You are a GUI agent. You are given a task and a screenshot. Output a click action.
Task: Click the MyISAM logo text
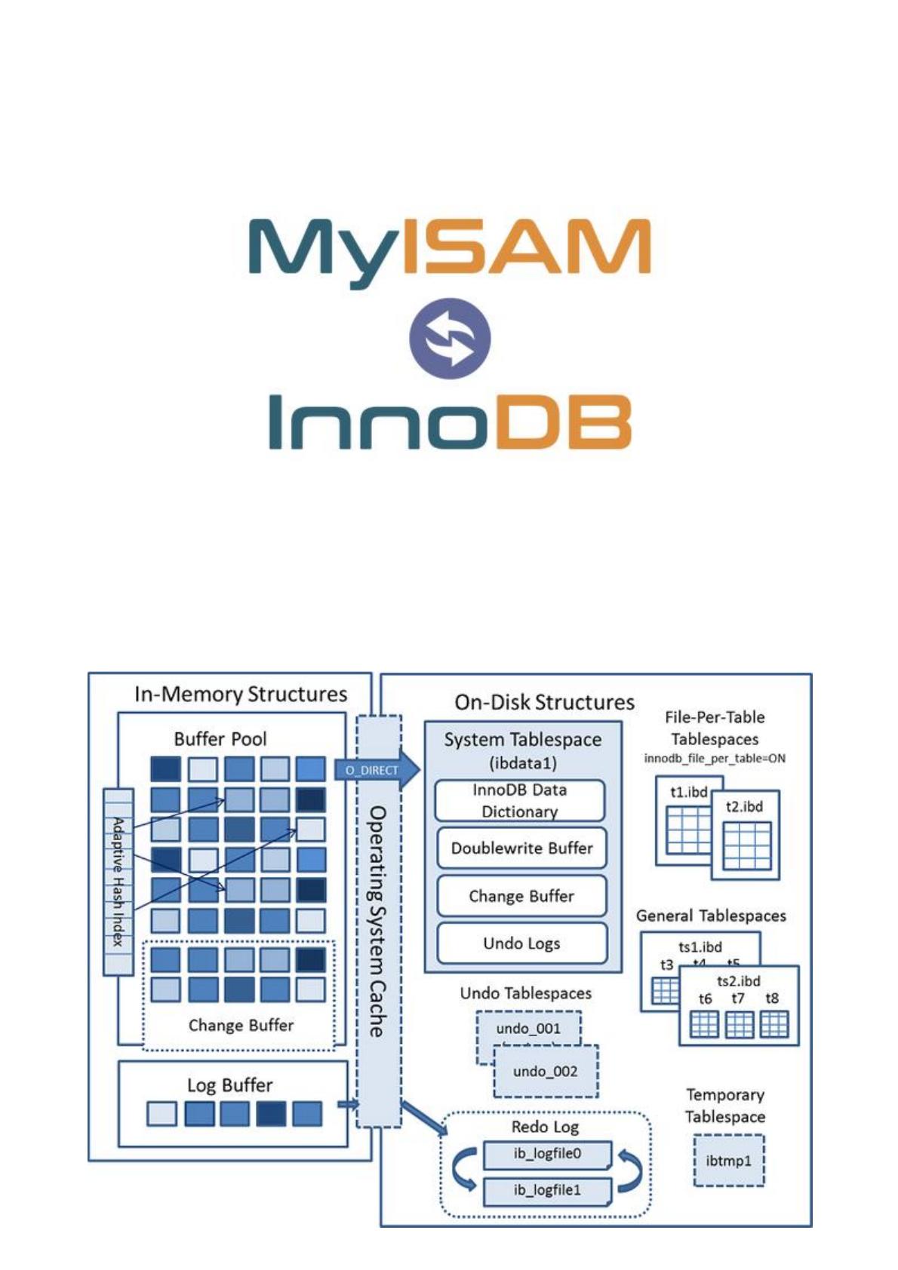[448, 247]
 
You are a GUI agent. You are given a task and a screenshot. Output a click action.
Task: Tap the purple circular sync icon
[450, 336]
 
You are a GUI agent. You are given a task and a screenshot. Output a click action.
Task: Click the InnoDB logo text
[450, 422]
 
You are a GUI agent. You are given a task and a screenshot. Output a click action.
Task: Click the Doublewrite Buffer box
[521, 848]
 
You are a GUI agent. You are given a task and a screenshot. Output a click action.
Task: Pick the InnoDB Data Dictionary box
[519, 800]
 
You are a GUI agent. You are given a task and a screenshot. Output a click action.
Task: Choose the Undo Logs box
[521, 943]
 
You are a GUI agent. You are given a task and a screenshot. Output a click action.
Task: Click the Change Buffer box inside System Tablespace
[521, 896]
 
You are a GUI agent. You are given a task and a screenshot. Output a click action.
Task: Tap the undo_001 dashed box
[528, 1029]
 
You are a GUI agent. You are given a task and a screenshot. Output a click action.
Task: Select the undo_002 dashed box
[545, 1072]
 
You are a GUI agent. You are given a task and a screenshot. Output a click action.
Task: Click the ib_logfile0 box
[547, 1154]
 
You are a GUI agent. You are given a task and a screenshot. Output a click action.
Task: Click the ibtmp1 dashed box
[728, 1161]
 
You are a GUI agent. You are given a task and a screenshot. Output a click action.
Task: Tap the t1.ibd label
[688, 792]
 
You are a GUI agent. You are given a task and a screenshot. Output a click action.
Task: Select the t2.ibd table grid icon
[746, 845]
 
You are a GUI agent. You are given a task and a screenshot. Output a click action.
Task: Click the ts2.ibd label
[738, 981]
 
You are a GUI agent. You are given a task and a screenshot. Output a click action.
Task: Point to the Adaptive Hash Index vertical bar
[118, 881]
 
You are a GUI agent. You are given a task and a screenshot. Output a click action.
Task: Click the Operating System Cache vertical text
[377, 920]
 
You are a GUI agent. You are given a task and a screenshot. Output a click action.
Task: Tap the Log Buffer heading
[229, 1085]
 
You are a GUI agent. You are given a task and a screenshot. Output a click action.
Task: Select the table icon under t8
[773, 1024]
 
